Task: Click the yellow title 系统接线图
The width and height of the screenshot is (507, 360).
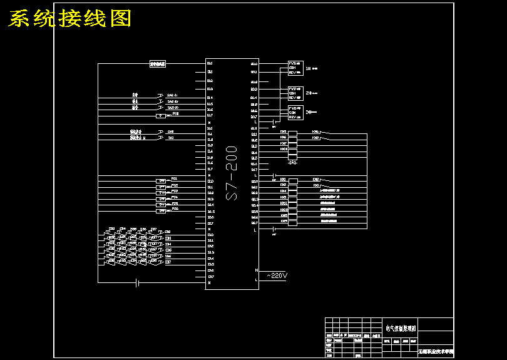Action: (x=70, y=19)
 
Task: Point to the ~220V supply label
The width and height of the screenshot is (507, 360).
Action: (x=277, y=275)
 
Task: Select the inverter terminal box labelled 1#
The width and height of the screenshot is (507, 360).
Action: (x=295, y=68)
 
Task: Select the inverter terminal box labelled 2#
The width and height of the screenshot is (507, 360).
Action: (x=295, y=93)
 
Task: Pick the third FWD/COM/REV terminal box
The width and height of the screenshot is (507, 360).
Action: (x=295, y=112)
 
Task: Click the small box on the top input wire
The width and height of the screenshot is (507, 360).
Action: (x=157, y=64)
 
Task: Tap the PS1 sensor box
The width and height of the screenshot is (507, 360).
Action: (x=162, y=180)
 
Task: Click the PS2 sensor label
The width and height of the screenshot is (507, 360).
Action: (x=175, y=185)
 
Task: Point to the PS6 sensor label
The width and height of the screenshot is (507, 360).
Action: (x=175, y=208)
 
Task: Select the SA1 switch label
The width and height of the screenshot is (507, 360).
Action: (x=170, y=131)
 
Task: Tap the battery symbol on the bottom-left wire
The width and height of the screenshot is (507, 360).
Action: (x=138, y=283)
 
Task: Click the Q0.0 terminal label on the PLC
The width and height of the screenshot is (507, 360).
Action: (x=253, y=64)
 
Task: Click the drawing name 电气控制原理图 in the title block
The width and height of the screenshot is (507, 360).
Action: (x=401, y=327)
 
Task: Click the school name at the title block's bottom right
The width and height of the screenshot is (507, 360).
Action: (x=436, y=353)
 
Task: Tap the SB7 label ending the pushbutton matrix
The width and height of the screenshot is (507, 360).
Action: (x=168, y=262)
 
